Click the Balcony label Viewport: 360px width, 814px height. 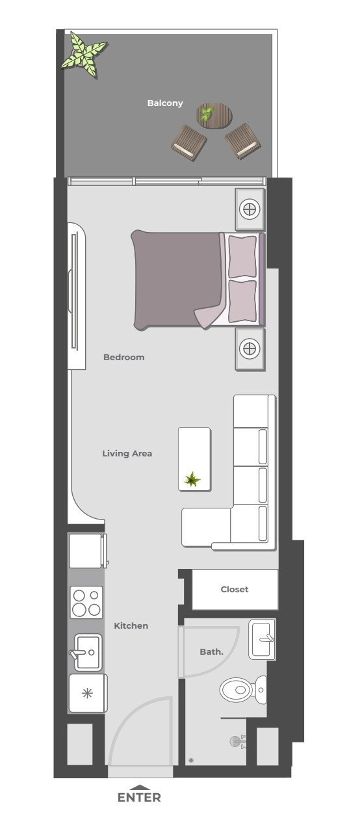[165, 103]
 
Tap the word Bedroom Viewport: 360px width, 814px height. [124, 357]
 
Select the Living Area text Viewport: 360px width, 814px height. [127, 454]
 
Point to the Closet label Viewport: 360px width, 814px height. [235, 589]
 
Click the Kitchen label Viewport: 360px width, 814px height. [131, 625]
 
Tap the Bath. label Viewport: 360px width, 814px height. [211, 651]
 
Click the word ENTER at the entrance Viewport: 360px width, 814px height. [139, 797]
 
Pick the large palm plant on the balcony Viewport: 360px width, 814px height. [84, 55]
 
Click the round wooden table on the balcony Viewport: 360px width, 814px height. [214, 116]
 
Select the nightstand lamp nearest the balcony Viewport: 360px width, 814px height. [250, 209]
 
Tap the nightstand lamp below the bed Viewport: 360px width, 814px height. [250, 348]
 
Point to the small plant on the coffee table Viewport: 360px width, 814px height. [192, 479]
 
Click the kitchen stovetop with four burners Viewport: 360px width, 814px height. [86, 602]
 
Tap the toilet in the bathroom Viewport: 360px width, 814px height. [243, 690]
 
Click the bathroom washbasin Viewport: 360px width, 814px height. [262, 640]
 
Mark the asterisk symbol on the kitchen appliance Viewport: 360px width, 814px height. [87, 693]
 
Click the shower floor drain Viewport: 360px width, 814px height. [191, 760]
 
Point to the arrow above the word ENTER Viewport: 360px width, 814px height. [139, 787]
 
